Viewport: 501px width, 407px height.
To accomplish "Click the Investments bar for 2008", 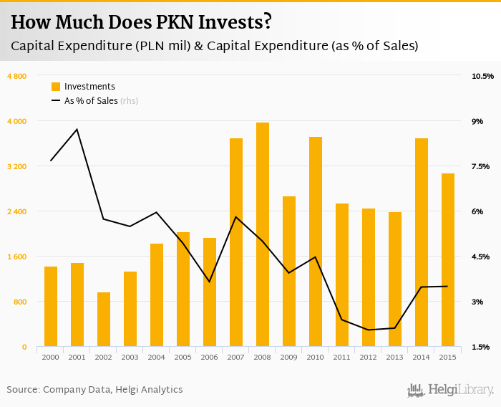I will click(x=263, y=234).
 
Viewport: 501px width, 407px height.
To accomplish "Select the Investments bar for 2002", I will click(x=104, y=320).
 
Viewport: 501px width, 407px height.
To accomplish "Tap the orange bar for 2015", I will click(x=448, y=260).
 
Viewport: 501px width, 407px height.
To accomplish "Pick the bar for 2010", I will click(x=316, y=241).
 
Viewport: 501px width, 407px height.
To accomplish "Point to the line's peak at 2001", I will click(x=77, y=130).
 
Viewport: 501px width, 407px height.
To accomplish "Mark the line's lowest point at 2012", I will click(x=369, y=330).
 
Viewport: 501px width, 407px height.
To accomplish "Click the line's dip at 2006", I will click(x=210, y=282).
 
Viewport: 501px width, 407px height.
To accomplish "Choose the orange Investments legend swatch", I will click(x=56, y=87).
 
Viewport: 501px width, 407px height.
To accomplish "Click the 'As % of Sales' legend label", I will click(x=91, y=101).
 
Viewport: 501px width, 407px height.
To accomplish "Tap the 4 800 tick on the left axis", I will click(x=16, y=76).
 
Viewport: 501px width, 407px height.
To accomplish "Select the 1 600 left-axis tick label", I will click(x=16, y=257).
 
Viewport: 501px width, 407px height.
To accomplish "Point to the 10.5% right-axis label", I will click(x=482, y=76).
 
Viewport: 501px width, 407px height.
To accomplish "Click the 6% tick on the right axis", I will click(x=477, y=211).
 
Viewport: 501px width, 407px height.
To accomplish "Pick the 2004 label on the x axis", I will click(x=157, y=357).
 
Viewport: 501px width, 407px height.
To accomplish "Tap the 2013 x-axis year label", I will click(x=395, y=357).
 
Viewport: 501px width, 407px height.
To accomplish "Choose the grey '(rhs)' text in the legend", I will click(x=129, y=101).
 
